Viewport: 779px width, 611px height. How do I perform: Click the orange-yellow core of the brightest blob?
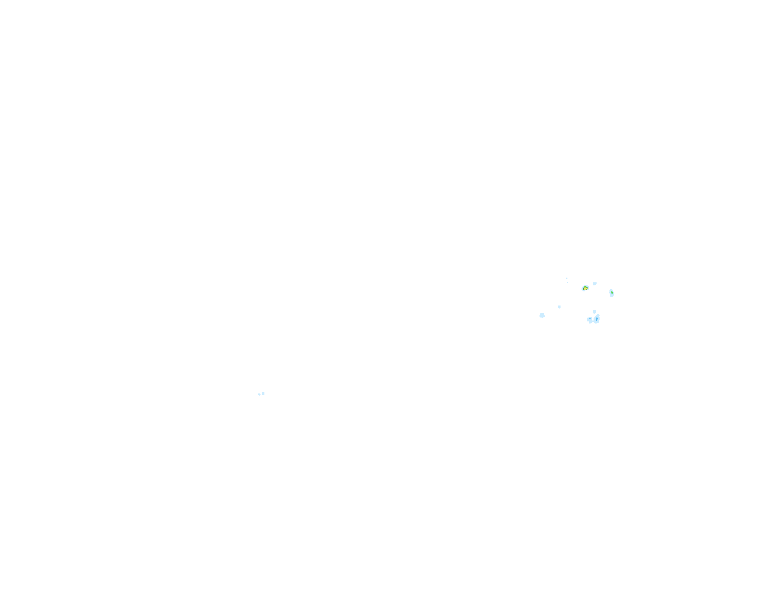pyautogui.click(x=585, y=288)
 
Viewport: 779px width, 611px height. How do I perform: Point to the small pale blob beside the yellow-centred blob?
pyautogui.click(x=594, y=284)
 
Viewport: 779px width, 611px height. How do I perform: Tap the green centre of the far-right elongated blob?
pyautogui.click(x=612, y=293)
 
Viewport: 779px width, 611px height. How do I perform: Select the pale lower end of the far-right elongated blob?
pyautogui.click(x=612, y=296)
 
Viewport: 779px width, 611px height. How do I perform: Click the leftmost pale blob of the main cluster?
pyautogui.click(x=542, y=315)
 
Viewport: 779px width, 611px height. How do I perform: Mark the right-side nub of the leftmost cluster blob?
pyautogui.click(x=544, y=316)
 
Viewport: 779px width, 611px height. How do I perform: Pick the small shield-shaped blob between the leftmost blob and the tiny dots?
pyautogui.click(x=559, y=307)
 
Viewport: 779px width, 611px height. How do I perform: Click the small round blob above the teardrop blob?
pyautogui.click(x=594, y=312)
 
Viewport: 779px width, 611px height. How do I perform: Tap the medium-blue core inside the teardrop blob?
pyautogui.click(x=597, y=319)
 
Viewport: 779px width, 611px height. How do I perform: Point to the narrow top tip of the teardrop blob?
pyautogui.click(x=598, y=315)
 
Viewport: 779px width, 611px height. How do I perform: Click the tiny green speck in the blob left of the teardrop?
pyautogui.click(x=590, y=318)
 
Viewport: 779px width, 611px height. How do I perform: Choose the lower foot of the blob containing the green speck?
pyautogui.click(x=591, y=322)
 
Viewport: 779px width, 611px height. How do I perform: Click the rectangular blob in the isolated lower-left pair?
pyautogui.click(x=263, y=393)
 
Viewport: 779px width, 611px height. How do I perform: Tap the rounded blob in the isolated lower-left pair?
pyautogui.click(x=259, y=394)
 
